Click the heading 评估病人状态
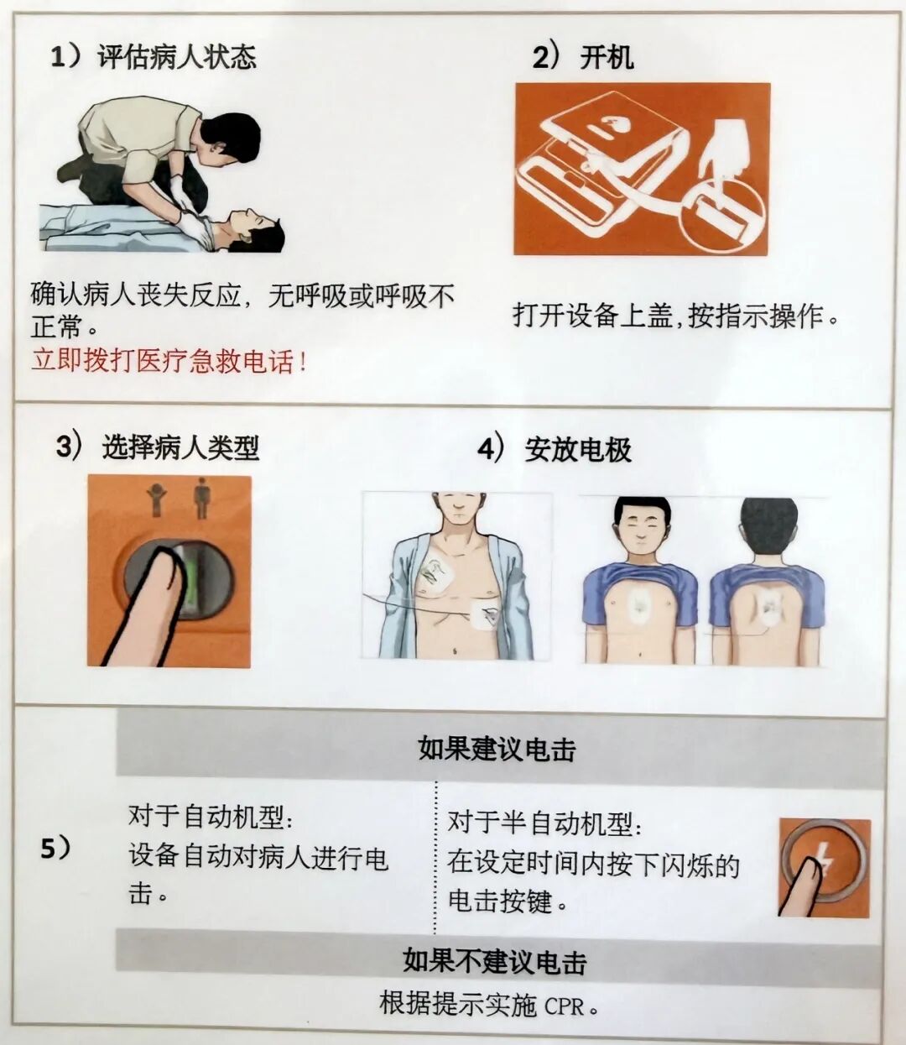pos(177,57)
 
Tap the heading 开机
pos(607,57)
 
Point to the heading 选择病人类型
pos(180,447)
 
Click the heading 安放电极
pos(578,449)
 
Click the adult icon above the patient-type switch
pos(201,497)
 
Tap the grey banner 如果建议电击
pos(497,750)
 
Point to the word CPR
pos(564,1006)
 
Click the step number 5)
pos(55,849)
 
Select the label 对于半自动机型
pos(544,823)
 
